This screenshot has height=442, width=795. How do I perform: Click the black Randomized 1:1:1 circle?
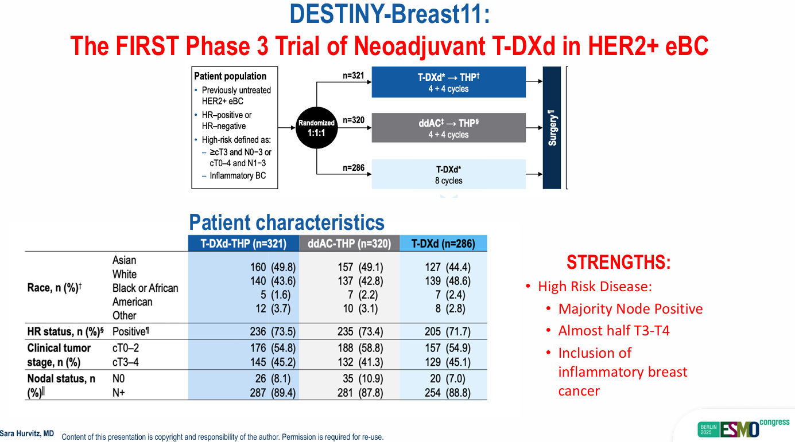[x=316, y=128]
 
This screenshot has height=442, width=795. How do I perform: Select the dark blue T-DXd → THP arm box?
[x=449, y=82]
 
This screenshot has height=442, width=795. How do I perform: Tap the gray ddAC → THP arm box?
[x=449, y=128]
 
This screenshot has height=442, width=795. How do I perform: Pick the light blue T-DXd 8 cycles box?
[x=449, y=174]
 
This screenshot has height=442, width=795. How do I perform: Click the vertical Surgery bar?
[x=552, y=128]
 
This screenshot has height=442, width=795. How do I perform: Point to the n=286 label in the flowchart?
[x=354, y=167]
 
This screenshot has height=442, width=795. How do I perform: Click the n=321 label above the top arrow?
[x=354, y=75]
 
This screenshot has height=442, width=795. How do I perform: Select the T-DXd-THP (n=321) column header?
[x=243, y=244]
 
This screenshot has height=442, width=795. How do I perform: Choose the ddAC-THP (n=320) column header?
[x=349, y=244]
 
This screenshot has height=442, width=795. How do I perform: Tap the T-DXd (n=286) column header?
[x=443, y=244]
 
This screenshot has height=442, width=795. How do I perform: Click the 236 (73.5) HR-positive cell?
[x=273, y=331]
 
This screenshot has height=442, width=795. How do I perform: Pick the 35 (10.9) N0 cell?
[x=363, y=378]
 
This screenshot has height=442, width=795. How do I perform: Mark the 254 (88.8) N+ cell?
[x=448, y=393]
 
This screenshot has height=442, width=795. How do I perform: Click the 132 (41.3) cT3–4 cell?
[x=360, y=362]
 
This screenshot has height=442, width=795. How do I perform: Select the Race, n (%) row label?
[x=55, y=288]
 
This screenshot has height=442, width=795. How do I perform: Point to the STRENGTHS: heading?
[x=619, y=263]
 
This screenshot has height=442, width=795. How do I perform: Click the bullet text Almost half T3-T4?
[x=614, y=331]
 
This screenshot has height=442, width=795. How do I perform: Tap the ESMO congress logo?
[x=743, y=428]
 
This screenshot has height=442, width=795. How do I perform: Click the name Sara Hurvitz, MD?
[x=27, y=433]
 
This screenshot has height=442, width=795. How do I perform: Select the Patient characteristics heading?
[x=286, y=222]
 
